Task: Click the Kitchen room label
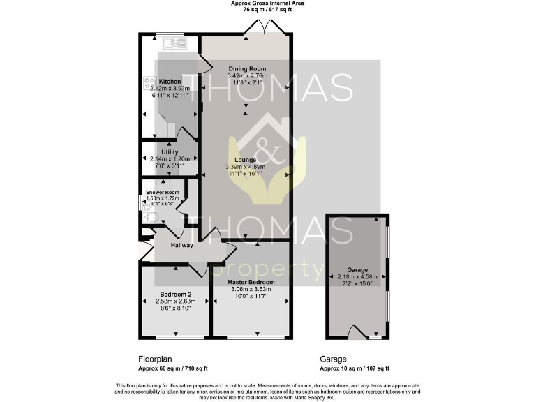click(170, 82)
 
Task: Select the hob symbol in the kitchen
click(148, 83)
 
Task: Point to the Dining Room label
click(247, 68)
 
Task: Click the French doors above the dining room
click(259, 27)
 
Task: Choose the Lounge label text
click(245, 160)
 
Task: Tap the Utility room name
click(170, 151)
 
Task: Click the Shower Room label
click(163, 192)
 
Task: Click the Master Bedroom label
click(250, 281)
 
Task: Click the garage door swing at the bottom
click(356, 332)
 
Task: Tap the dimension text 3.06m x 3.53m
click(250, 288)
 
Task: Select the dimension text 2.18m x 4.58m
click(357, 276)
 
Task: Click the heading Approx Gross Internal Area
click(267, 3)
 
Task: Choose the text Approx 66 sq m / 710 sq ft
click(172, 368)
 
